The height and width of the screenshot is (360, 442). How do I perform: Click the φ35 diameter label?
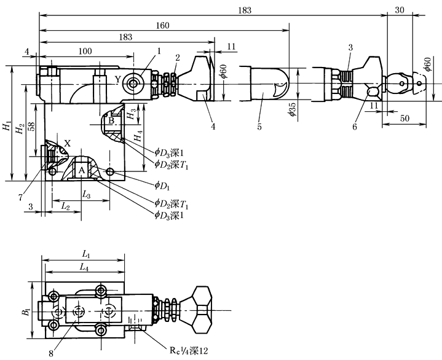coord(291,111)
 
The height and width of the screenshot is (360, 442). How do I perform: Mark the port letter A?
coord(81,170)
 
